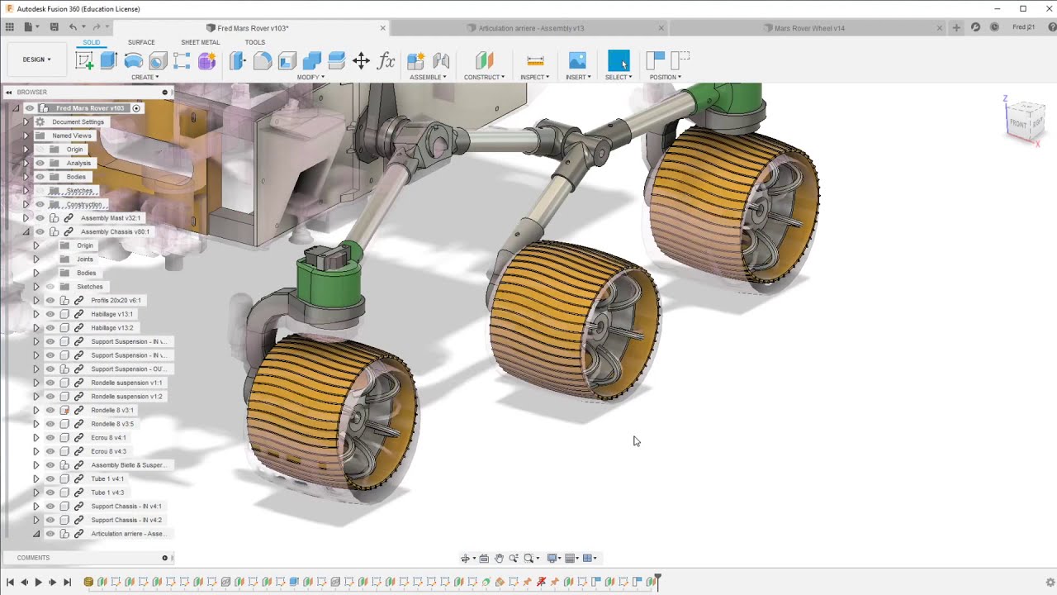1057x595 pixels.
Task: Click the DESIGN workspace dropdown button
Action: (37, 59)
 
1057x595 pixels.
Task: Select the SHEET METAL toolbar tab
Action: (200, 42)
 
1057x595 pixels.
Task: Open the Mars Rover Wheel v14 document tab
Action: (808, 28)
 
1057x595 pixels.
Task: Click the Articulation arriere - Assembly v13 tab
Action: (530, 28)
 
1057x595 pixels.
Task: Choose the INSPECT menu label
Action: (534, 77)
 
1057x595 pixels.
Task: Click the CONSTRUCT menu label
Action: (483, 77)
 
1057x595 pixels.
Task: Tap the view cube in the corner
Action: (1025, 121)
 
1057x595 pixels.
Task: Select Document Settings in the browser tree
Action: (78, 122)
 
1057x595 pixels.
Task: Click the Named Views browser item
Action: (72, 136)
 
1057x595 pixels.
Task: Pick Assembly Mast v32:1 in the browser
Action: (111, 218)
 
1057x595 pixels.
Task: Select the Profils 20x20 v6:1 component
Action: (116, 301)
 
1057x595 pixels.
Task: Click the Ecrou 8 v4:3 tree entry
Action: (108, 451)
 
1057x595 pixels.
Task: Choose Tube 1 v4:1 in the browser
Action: (107, 479)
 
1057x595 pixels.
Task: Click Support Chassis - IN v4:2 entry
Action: (126, 520)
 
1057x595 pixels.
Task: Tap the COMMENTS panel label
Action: (33, 558)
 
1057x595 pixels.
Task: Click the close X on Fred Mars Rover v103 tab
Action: (382, 28)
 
